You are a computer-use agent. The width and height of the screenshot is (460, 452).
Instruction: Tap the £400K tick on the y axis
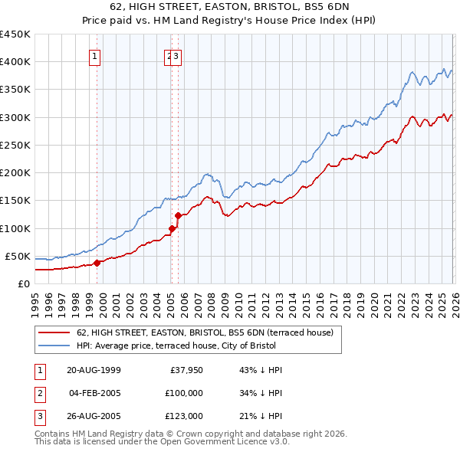click(15, 62)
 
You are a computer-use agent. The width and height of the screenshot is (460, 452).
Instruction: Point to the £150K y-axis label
click(15, 201)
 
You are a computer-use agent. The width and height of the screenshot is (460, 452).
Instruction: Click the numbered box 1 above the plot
click(94, 55)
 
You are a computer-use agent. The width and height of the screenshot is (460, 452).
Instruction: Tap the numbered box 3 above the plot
click(176, 55)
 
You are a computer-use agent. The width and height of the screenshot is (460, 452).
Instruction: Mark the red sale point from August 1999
click(97, 263)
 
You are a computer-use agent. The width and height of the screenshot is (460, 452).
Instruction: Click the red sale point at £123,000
click(178, 215)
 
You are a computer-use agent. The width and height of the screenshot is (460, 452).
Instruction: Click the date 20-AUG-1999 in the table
click(94, 370)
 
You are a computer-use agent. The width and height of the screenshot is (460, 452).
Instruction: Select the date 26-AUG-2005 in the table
click(94, 416)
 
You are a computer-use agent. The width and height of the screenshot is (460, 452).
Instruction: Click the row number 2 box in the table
click(39, 393)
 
